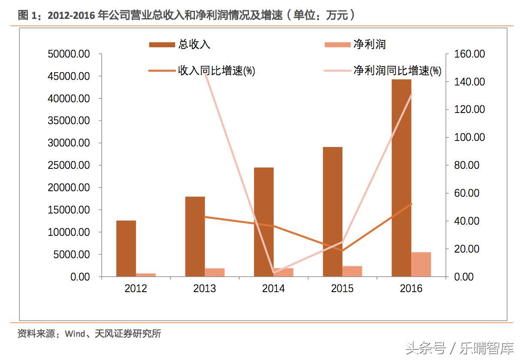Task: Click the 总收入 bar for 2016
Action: pos(401,178)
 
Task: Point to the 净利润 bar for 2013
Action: pos(215,272)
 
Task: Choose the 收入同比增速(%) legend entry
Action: pos(202,71)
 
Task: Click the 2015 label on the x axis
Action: pos(342,288)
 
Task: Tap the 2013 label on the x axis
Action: pos(204,288)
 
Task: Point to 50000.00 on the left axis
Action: pos(69,54)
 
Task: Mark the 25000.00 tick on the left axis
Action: pos(69,165)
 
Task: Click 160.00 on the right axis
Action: pos(470,54)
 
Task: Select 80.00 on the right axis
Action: pos(467,165)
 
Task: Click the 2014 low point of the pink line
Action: pos(274,272)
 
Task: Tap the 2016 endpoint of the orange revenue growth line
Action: pos(411,204)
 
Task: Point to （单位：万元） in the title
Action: pos(322,15)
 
